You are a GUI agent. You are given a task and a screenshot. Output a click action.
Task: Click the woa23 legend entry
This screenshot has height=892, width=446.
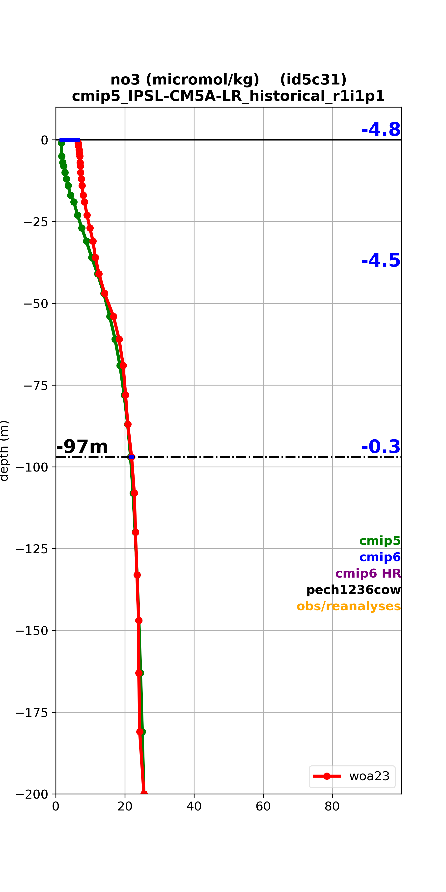click(x=352, y=776)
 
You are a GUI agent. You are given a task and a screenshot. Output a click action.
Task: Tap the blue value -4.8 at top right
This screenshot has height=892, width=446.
click(x=381, y=130)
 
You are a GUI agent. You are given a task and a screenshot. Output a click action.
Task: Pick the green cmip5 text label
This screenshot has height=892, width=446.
click(x=380, y=541)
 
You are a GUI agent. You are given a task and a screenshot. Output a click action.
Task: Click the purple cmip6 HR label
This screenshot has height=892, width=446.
click(x=368, y=573)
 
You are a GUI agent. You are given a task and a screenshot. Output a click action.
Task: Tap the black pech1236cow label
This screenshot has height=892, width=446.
click(x=354, y=590)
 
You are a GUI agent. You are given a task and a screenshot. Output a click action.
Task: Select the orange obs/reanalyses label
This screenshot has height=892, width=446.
click(x=349, y=606)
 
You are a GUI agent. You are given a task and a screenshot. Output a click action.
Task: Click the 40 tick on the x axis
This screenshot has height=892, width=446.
click(x=194, y=806)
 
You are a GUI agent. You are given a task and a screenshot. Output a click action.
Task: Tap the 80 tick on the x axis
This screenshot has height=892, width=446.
click(x=332, y=806)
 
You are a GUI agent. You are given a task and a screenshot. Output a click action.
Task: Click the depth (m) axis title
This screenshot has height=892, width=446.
click(x=4, y=450)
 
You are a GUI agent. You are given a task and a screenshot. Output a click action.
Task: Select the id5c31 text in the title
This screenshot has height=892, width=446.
click(x=313, y=80)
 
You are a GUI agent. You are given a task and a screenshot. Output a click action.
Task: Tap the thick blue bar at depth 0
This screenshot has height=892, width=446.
click(x=70, y=140)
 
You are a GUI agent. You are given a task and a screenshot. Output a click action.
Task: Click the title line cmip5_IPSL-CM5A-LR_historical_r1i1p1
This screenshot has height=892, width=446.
click(x=228, y=96)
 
